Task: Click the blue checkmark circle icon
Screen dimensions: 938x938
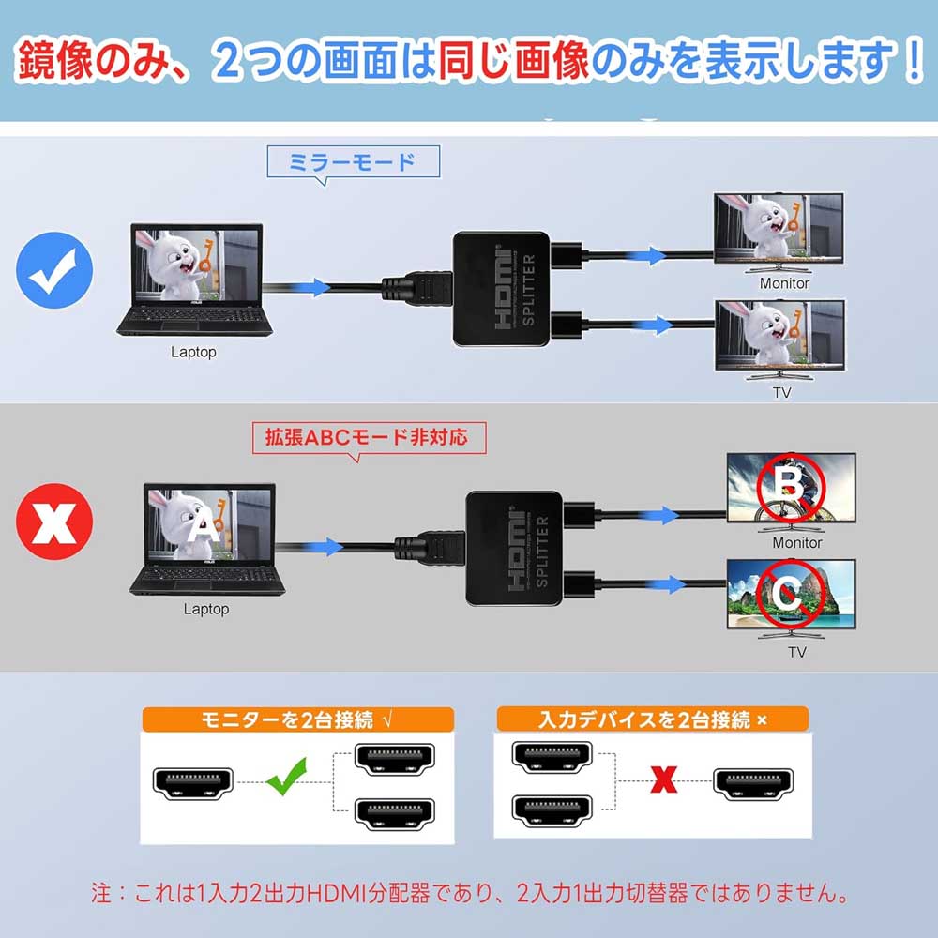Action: (x=54, y=272)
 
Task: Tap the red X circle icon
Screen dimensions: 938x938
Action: (x=54, y=522)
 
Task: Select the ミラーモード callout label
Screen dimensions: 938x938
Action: (x=354, y=162)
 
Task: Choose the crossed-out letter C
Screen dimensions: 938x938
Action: (x=789, y=592)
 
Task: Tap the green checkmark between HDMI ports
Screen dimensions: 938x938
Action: (x=289, y=779)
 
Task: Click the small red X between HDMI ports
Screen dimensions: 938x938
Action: (x=664, y=780)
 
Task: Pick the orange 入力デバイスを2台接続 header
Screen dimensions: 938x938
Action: (x=652, y=719)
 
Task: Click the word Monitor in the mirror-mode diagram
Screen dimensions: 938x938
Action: (x=784, y=283)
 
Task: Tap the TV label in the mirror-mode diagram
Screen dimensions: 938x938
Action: (x=781, y=392)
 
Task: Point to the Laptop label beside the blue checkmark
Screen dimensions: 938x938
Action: (x=193, y=353)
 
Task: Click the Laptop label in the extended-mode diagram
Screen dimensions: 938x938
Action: (x=205, y=610)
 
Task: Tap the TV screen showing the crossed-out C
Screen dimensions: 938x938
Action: (x=791, y=594)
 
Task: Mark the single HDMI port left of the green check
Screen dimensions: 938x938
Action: (x=193, y=780)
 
